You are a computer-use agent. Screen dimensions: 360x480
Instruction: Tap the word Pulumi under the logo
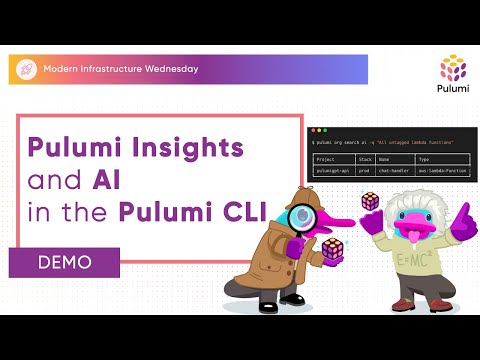click(454, 90)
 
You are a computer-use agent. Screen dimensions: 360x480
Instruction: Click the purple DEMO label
click(64, 262)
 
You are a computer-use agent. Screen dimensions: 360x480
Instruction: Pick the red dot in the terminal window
click(314, 130)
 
